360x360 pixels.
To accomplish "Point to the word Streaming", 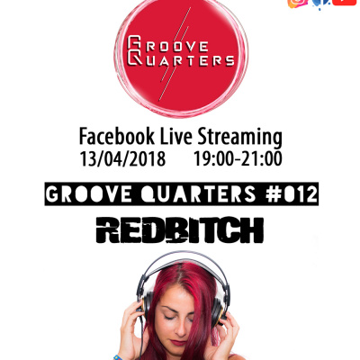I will point(241,138).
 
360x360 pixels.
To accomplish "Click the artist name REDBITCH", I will point(181,230).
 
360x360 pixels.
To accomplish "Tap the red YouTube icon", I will point(344,4).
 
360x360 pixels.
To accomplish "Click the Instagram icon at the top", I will point(295,4).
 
